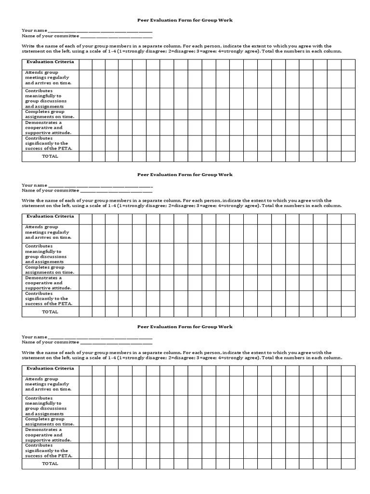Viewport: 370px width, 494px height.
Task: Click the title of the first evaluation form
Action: point(185,20)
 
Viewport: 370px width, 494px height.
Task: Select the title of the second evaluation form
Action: point(185,175)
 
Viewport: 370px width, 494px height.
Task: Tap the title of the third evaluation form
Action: point(185,327)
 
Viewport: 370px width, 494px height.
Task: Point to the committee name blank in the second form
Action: point(116,191)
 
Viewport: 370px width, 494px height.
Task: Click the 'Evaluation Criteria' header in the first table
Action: point(50,62)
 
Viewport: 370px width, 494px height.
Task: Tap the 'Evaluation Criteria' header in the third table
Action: point(50,368)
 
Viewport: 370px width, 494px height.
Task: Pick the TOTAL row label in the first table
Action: point(50,156)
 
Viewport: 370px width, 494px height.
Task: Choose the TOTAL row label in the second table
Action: point(50,312)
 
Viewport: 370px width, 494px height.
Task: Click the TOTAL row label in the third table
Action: point(50,464)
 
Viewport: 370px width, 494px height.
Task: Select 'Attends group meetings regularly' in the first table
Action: point(48,77)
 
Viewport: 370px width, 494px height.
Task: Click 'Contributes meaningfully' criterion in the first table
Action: point(46,98)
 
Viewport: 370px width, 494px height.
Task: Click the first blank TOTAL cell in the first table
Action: point(85,156)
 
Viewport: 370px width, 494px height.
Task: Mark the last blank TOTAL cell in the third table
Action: point(348,464)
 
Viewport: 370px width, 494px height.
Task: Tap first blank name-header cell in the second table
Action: point(85,219)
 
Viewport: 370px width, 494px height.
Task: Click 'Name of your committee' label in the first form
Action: point(50,36)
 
